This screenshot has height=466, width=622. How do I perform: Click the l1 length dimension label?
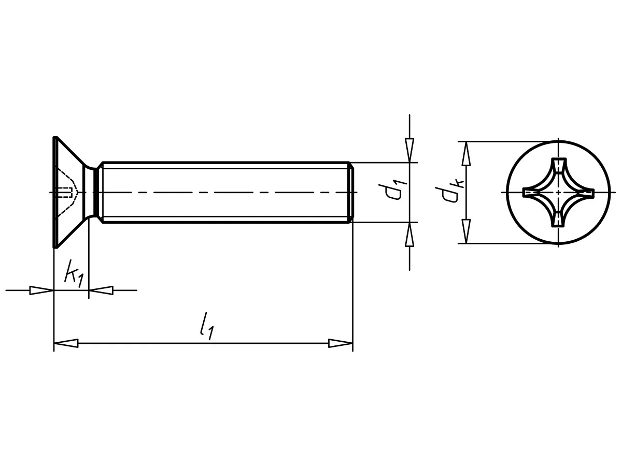tap(207, 326)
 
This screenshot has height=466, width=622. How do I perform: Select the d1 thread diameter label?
tap(393, 192)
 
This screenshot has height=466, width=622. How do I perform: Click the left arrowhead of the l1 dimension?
tap(66, 343)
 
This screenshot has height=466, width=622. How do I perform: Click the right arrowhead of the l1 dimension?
tap(341, 343)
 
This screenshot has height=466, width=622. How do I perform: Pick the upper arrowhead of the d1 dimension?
tap(409, 151)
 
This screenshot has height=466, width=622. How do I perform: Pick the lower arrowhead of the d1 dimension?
tap(409, 234)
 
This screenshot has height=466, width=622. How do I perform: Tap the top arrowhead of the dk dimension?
tap(466, 154)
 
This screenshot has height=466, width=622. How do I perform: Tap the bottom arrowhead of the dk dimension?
tap(466, 231)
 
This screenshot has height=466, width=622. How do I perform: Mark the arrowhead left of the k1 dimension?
tap(41, 290)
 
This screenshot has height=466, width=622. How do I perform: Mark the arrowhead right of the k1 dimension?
tap(101, 290)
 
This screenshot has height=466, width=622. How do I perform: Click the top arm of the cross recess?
tap(558, 167)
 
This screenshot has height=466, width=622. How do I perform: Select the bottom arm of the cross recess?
tap(558, 217)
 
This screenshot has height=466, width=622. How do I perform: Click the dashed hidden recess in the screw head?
tap(67, 193)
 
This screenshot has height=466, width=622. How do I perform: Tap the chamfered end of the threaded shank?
tap(351, 193)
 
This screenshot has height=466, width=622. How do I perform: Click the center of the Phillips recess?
tap(558, 193)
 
